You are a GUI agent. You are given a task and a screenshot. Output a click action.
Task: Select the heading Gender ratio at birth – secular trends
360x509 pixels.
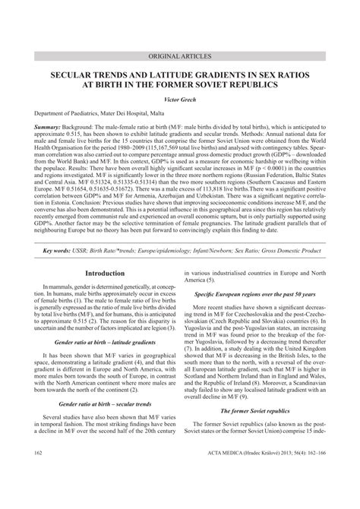point(105,403)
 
